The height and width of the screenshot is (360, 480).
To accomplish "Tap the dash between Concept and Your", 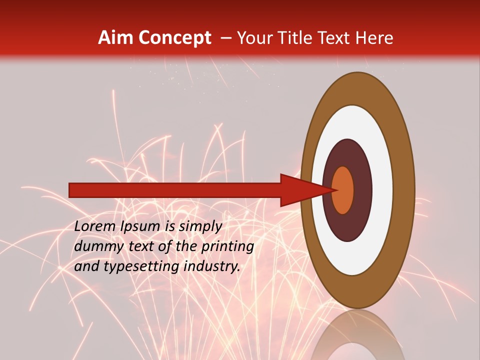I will pyautogui.click(x=225, y=38).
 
